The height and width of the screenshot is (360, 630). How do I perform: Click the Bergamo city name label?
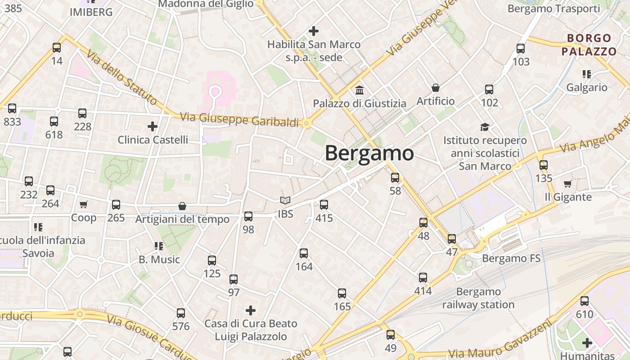(x=369, y=153)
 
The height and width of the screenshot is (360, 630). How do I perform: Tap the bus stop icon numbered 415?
(x=324, y=205)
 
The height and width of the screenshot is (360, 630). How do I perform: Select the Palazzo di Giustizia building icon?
(x=359, y=90)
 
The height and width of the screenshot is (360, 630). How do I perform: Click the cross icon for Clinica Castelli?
(x=153, y=126)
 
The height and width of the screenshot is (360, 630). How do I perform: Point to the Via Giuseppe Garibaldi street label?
(x=239, y=119)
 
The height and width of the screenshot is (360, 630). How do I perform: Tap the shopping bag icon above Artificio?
(x=435, y=87)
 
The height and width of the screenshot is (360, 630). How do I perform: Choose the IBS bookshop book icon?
(x=285, y=201)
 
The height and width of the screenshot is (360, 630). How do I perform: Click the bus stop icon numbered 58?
(x=395, y=178)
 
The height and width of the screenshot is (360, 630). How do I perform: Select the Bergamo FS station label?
(x=511, y=258)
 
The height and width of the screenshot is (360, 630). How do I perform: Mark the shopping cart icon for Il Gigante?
(x=567, y=184)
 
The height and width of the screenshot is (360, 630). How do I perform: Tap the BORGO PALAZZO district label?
(x=589, y=45)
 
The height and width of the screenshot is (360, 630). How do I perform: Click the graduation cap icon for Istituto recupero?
(x=485, y=127)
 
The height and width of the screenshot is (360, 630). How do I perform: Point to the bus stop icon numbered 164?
(x=304, y=253)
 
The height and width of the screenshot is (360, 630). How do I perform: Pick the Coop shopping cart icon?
(x=83, y=205)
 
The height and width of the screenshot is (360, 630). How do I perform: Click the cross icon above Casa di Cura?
(x=251, y=310)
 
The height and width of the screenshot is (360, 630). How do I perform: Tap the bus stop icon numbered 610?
(x=584, y=301)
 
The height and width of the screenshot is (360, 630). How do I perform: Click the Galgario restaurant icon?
(x=586, y=74)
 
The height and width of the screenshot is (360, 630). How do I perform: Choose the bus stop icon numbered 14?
(x=57, y=48)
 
